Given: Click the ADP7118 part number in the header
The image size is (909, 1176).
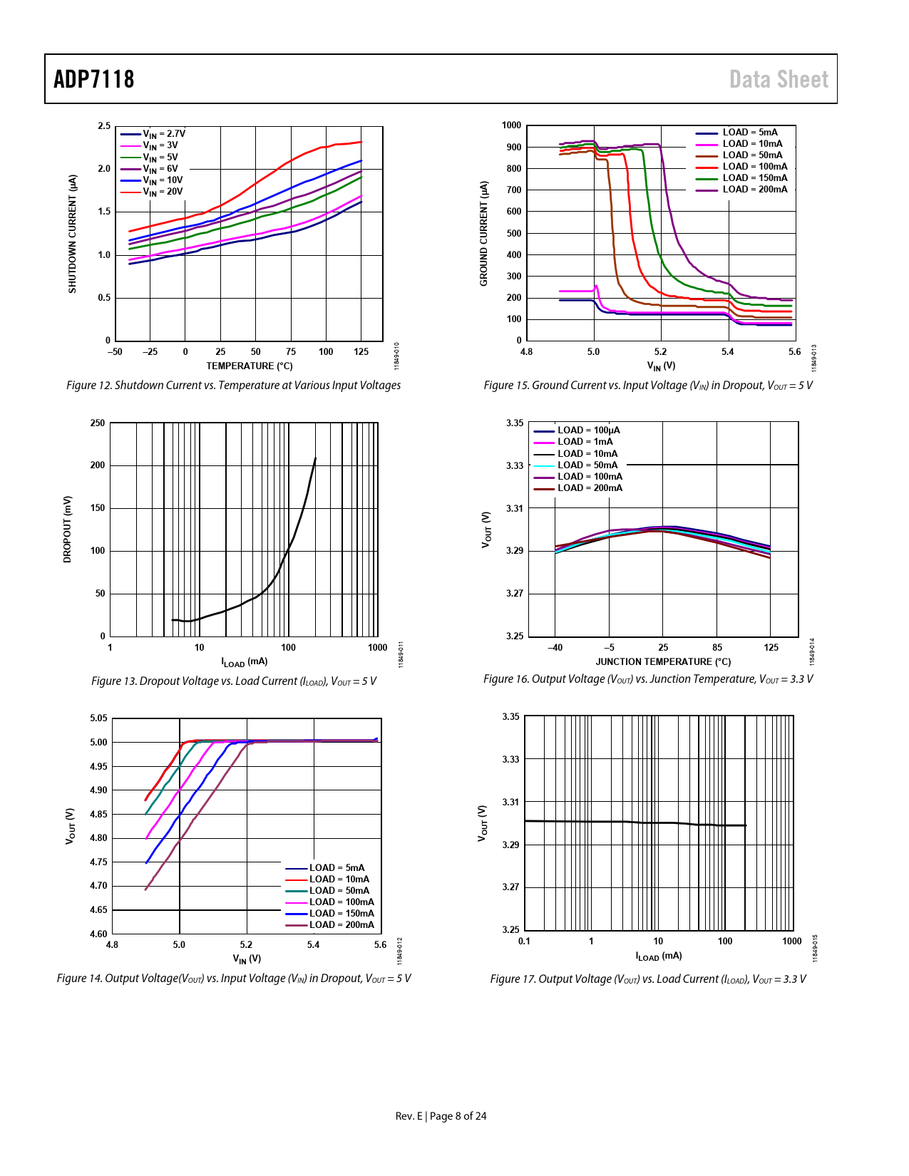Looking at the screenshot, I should click(x=94, y=79).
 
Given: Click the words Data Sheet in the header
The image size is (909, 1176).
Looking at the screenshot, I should click(x=779, y=79).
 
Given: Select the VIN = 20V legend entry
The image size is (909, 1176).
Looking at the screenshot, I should click(x=163, y=192).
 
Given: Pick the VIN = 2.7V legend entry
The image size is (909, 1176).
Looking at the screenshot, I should click(x=164, y=134).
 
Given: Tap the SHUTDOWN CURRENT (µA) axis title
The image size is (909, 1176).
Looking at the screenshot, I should click(x=72, y=234).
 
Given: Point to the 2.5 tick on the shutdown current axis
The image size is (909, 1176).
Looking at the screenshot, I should click(x=105, y=126).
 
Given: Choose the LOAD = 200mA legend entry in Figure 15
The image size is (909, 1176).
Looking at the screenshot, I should click(x=754, y=190).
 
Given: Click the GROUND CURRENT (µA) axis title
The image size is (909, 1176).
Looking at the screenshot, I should click(x=484, y=234).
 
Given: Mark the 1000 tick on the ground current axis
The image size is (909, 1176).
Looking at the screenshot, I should click(x=512, y=125).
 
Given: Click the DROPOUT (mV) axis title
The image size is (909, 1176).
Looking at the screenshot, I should click(x=68, y=530).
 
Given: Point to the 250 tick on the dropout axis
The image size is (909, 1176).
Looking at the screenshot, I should click(x=98, y=423).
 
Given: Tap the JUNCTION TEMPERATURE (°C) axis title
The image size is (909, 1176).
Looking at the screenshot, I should click(x=663, y=661).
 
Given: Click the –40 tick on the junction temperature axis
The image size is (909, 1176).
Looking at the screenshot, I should click(x=555, y=648).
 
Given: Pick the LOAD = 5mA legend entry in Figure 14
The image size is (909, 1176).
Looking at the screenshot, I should click(x=337, y=868).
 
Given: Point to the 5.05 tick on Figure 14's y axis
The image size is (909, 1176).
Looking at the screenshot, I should click(x=99, y=718).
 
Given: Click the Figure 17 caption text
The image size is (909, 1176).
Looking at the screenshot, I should click(x=648, y=979).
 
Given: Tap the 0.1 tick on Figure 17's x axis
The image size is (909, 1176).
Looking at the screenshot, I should click(x=524, y=942).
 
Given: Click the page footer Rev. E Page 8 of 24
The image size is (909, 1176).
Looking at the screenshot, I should click(x=441, y=1116).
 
